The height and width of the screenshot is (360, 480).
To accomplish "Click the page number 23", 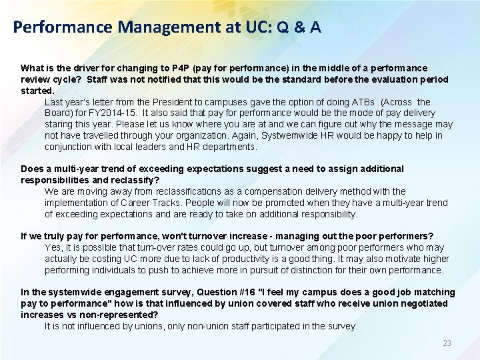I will (x=447, y=343).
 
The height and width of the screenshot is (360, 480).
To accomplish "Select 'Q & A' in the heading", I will (x=298, y=27).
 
